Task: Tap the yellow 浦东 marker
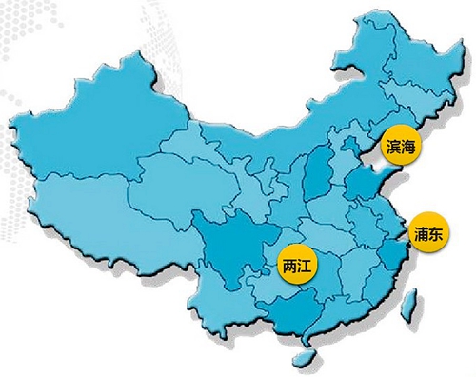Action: [428, 230]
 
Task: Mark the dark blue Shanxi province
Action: [322, 176]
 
